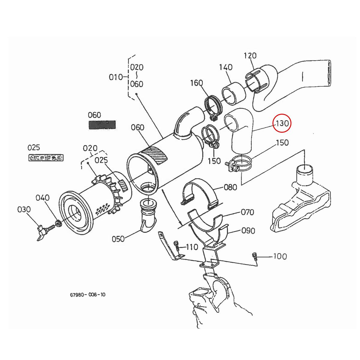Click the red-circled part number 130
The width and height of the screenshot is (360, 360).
[282, 123]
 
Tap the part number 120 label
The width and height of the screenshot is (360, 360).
[250, 56]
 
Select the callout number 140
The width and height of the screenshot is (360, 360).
[226, 67]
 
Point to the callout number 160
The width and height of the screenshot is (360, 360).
[196, 83]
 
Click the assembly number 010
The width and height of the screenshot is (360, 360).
[115, 77]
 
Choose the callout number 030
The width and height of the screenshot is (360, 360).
[24, 209]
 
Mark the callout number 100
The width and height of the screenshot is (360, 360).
[280, 256]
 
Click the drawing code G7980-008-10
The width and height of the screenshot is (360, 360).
[88, 295]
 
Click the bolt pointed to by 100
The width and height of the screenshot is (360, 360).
[255, 256]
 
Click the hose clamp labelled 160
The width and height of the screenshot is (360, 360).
[213, 106]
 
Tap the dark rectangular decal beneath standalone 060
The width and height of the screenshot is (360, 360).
[102, 124]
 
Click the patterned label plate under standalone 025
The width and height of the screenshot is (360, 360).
[46, 157]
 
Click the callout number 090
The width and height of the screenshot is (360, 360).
[248, 231]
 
